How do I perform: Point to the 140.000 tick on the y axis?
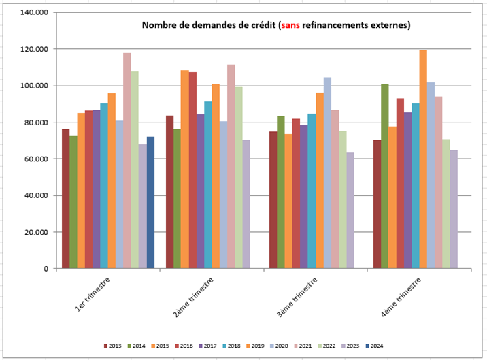[34, 13]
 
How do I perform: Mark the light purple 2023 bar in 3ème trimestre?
[350, 210]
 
